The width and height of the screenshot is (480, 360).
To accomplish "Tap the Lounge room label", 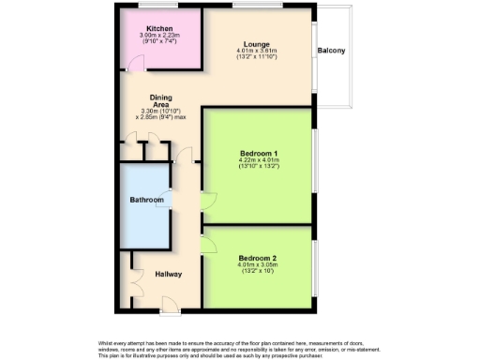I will pyautogui.click(x=256, y=44).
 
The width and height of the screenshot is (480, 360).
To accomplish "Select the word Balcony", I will pyautogui.click(x=332, y=50).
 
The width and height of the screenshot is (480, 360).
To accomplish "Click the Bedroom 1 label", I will pyautogui.click(x=259, y=153).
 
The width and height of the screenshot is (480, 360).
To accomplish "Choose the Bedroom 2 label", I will pyautogui.click(x=257, y=258).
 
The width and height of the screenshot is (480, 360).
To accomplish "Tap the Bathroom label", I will pyautogui.click(x=146, y=200).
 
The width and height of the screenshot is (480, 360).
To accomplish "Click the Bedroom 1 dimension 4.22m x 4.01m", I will pyautogui.click(x=259, y=160).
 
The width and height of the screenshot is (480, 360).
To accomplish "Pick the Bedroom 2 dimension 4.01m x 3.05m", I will pyautogui.click(x=257, y=265).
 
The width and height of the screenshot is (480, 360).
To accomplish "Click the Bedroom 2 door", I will pyautogui.click(x=209, y=244).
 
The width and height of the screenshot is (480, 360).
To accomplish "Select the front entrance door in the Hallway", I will pyautogui.click(x=170, y=302).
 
